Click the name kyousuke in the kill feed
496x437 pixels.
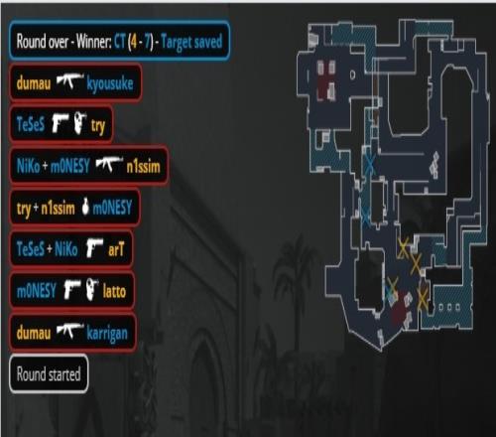coord(110,83)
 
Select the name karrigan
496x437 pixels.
coord(107,333)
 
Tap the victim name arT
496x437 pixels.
coord(116,249)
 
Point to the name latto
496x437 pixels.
coord(114,291)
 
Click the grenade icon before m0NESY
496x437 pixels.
coord(85,207)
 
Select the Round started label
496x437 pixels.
coord(49,374)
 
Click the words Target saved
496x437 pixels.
coord(191,42)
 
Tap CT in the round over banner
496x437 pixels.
coord(120,42)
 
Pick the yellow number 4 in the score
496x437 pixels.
coord(133,42)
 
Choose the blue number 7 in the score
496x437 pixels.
coord(148,42)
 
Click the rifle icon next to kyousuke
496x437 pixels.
coord(69,81)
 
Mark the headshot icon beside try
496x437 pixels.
coord(79,123)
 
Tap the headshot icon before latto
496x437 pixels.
coord(92,289)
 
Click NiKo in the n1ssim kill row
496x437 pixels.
coord(28,166)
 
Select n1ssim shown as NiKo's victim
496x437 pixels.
coord(143,166)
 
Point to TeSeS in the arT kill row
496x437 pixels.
coord(31,248)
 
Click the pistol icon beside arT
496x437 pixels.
coord(94,247)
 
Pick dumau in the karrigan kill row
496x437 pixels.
coord(34,333)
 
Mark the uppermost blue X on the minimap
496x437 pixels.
coord(370,164)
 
